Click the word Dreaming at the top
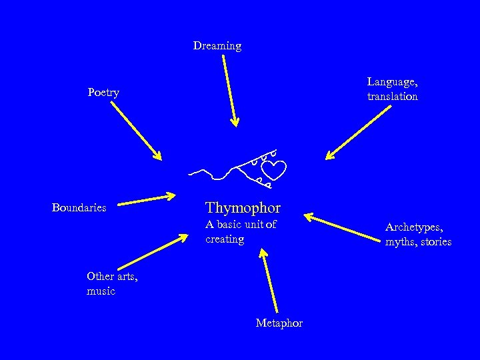tap(217, 46)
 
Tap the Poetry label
tap(103, 93)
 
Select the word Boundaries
tap(79, 207)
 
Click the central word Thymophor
tap(243, 207)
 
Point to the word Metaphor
tap(279, 323)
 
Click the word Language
tap(392, 81)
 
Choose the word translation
tap(393, 96)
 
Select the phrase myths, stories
tap(418, 241)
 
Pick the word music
tap(101, 291)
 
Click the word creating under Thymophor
tap(225, 239)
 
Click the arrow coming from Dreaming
tap(229, 90)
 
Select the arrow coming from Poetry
tap(136, 131)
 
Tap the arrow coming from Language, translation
tap(358, 133)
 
